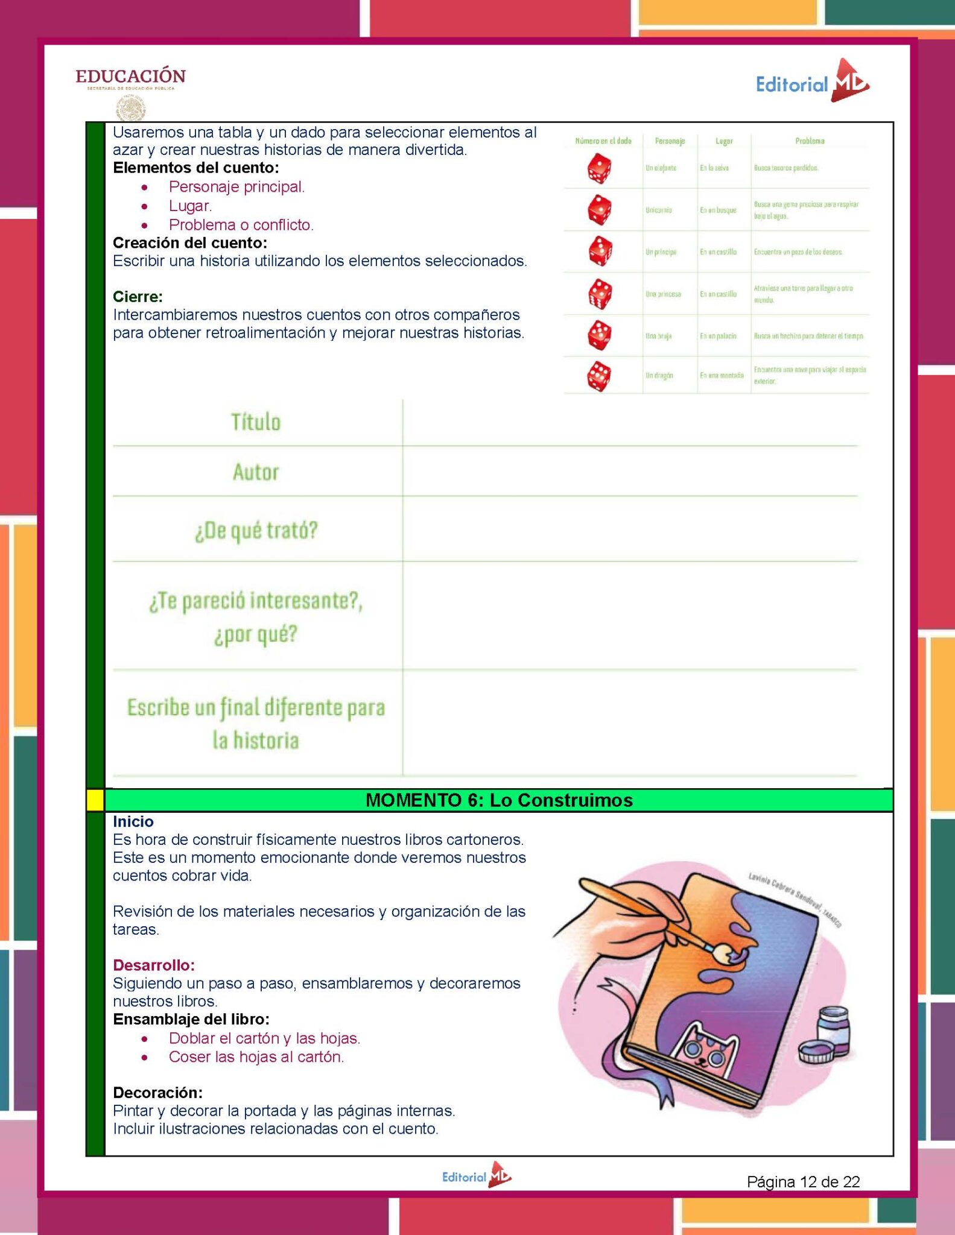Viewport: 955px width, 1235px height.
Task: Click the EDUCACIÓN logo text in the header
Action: tap(130, 77)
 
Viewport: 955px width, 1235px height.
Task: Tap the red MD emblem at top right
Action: tap(850, 81)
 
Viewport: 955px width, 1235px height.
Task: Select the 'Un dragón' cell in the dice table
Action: tap(659, 376)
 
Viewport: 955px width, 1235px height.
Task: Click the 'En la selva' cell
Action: tap(714, 168)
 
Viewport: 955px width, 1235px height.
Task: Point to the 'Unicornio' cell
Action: tap(659, 210)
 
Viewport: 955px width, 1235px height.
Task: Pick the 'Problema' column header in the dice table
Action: tap(809, 141)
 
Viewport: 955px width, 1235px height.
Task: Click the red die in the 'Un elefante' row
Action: tap(599, 168)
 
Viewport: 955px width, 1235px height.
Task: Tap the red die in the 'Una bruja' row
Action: tap(599, 335)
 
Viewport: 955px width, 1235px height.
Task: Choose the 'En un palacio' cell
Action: tap(718, 336)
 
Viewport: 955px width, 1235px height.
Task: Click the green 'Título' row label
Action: tap(256, 422)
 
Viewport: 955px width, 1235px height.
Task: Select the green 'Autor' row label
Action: tap(256, 472)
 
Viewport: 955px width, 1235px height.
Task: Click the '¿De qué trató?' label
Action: tap(256, 531)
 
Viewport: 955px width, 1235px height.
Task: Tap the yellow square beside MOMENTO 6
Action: tap(95, 800)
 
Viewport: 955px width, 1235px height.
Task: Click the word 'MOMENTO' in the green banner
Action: tap(413, 800)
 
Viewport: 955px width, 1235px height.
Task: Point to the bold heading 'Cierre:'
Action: tap(138, 297)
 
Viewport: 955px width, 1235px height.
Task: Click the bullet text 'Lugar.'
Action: tap(190, 206)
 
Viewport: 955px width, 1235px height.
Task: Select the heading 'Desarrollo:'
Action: tap(153, 965)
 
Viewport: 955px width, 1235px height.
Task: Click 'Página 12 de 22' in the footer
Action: tap(803, 1182)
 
